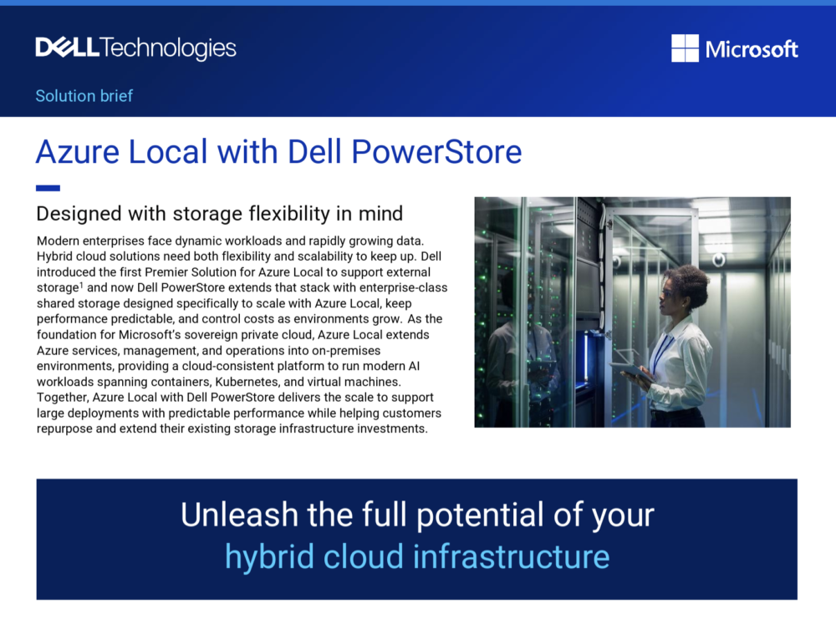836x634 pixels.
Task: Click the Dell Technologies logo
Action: [136, 48]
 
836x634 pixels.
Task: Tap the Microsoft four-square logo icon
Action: [686, 48]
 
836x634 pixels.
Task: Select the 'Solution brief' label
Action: [84, 96]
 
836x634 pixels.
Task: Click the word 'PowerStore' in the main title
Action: [436, 152]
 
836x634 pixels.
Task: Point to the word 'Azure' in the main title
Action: [78, 152]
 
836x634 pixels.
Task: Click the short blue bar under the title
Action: [48, 188]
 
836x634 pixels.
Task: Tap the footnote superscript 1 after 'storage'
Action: [81, 285]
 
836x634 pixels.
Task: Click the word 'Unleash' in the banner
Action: [239, 515]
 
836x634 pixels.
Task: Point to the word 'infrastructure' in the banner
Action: [512, 557]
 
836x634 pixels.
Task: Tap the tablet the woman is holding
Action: [631, 372]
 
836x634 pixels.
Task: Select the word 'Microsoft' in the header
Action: [752, 49]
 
